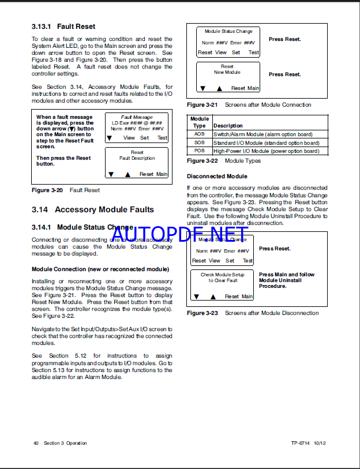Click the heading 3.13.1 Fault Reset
(63, 27)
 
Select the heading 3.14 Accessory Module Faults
(93, 209)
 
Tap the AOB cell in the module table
(199, 134)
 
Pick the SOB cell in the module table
(199, 142)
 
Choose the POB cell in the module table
(199, 151)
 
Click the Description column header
(228, 126)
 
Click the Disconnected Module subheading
(217, 176)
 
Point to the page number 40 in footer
(36, 443)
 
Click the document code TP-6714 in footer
(300, 443)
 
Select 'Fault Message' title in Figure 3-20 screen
(137, 117)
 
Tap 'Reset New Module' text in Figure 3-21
(227, 70)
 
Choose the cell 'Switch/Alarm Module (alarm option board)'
(262, 134)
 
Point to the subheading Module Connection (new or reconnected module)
(100, 269)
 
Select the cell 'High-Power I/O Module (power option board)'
(266, 151)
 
